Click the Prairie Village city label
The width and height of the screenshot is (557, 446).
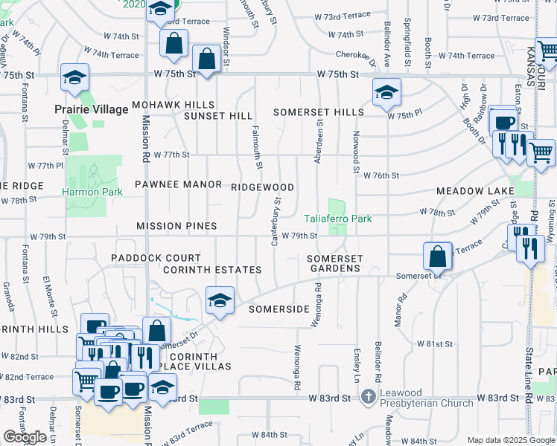(x=92, y=109)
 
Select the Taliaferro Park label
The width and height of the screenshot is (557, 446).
(x=337, y=219)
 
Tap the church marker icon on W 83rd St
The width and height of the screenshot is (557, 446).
(x=367, y=398)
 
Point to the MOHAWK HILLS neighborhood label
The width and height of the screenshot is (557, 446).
(x=174, y=105)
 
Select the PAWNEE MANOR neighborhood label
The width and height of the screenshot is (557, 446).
(x=178, y=184)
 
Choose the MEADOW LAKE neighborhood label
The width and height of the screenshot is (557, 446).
(x=474, y=191)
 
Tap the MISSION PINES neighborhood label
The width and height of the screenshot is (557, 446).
(x=176, y=225)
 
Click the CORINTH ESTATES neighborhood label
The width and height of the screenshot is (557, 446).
(x=212, y=270)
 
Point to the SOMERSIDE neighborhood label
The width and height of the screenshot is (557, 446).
(x=278, y=308)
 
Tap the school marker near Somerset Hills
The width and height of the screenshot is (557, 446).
(x=386, y=92)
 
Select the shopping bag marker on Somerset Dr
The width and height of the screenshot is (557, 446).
(x=437, y=256)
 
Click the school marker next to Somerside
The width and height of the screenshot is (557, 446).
(x=220, y=300)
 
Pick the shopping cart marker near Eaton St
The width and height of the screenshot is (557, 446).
(x=541, y=152)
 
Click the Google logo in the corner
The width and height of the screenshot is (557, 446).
(x=25, y=437)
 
